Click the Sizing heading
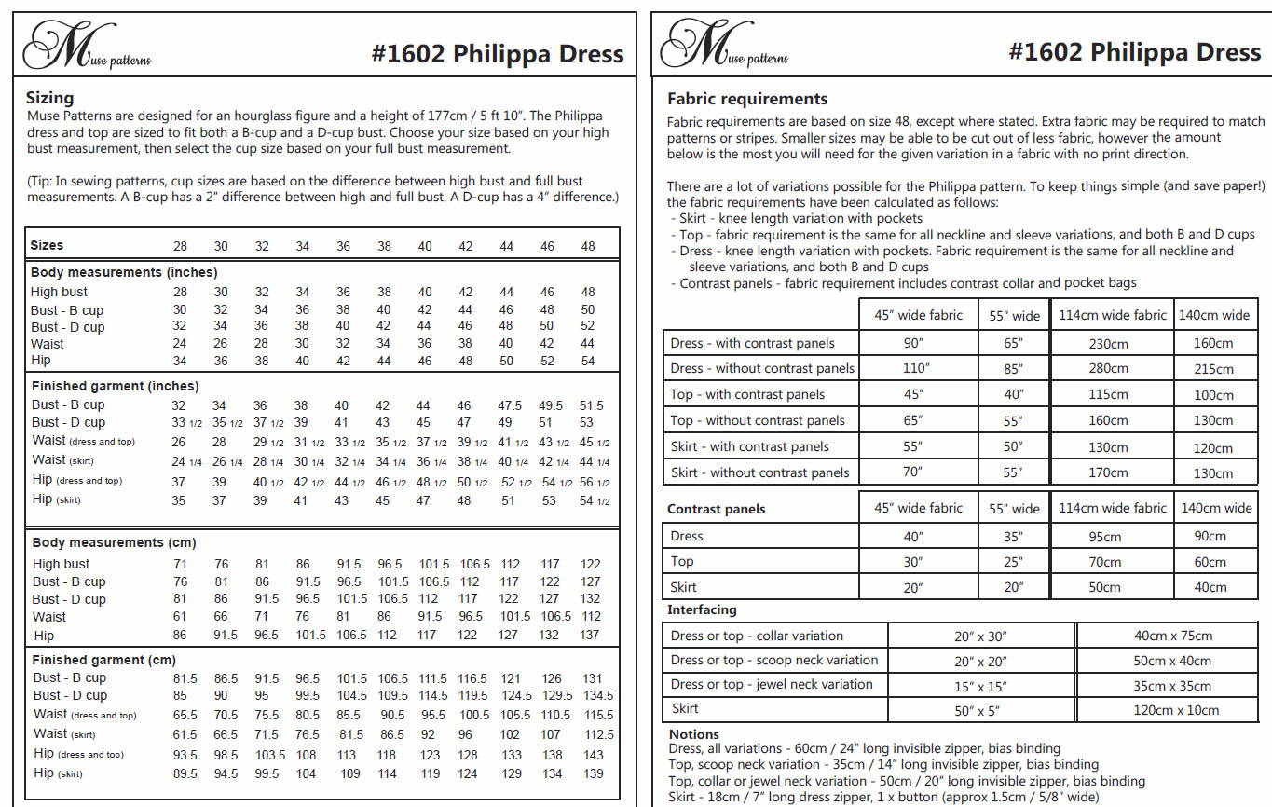(49, 98)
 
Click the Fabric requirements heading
(747, 99)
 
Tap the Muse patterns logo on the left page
(86, 48)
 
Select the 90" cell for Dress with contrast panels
(912, 343)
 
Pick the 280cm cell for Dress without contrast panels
(1108, 369)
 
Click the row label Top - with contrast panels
(747, 394)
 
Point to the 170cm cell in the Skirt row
(1108, 472)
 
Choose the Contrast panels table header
(717, 509)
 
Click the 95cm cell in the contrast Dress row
(1105, 537)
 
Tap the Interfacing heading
(702, 609)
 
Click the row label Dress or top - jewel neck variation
(772, 684)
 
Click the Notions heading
(693, 734)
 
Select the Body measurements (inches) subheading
(124, 272)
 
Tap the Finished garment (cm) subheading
(103, 660)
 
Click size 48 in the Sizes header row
(587, 246)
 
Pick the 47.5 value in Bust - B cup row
(509, 405)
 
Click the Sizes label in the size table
(48, 245)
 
